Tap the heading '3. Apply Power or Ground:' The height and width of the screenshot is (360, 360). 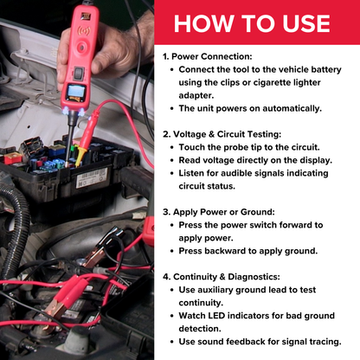pyautogui.click(x=226, y=210)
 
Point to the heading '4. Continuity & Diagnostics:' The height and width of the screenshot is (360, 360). pyautogui.click(x=230, y=278)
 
